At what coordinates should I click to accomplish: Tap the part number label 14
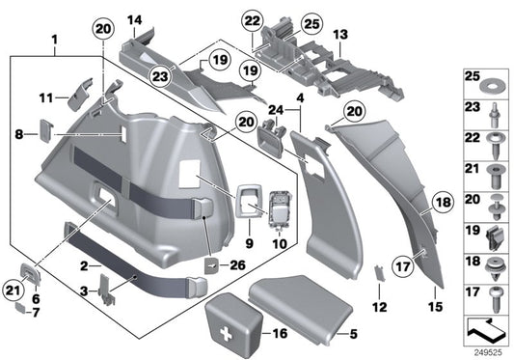(x=135, y=19)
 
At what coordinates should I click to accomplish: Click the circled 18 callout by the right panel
(x=442, y=204)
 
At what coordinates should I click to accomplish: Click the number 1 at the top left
(x=55, y=39)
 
